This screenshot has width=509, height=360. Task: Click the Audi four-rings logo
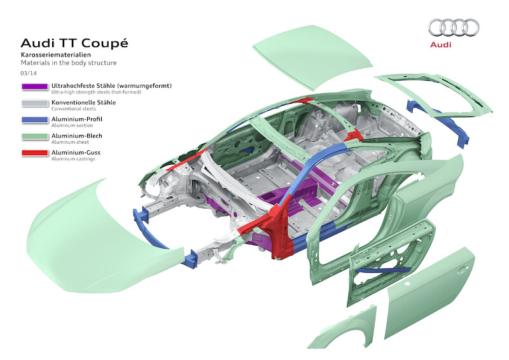[x=453, y=27]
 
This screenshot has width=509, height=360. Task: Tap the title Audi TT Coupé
[x=74, y=43]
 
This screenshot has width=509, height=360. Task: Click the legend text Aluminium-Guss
[x=76, y=151]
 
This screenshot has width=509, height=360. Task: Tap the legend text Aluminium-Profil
[x=76, y=118]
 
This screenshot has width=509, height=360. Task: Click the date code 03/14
[x=28, y=74]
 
